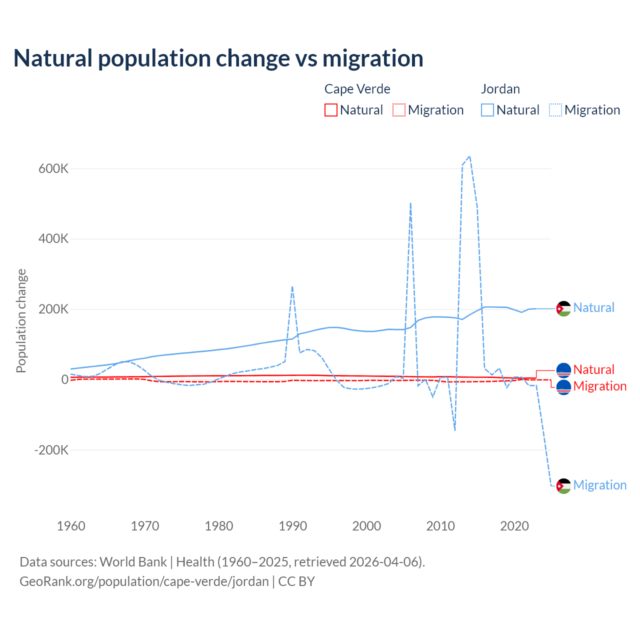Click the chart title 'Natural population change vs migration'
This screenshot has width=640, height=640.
(218, 58)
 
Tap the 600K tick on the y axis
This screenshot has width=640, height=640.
(53, 168)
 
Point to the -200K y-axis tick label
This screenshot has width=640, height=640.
(51, 450)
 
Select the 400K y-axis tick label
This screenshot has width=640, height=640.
(53, 239)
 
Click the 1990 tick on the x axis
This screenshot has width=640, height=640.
(292, 526)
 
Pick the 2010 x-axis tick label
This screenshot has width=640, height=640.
(440, 526)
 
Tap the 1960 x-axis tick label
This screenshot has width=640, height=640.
(71, 526)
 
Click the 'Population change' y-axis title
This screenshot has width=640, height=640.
(21, 321)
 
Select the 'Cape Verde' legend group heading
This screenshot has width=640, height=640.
(357, 89)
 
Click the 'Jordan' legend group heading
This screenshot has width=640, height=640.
(500, 89)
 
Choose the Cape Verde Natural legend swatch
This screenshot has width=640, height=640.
(331, 110)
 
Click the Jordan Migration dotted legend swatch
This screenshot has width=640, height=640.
(555, 110)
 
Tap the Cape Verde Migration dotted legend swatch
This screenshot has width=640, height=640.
(399, 110)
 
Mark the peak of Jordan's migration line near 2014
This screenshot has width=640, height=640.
(469, 157)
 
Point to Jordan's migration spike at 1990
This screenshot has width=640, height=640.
(292, 287)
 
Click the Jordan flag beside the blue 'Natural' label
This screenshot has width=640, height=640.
(563, 308)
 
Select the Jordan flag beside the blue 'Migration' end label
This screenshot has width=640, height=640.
(563, 485)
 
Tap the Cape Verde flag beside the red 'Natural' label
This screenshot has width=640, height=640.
(563, 370)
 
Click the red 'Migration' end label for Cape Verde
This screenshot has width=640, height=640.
(599, 386)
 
